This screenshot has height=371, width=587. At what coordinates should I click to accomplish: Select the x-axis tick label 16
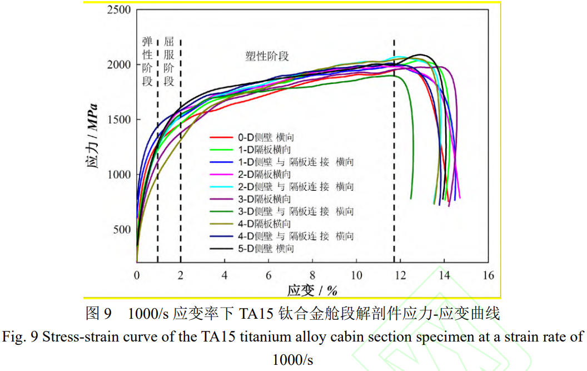pyautogui.click(x=488, y=275)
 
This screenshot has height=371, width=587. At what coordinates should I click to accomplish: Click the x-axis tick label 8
pyautogui.click(x=312, y=275)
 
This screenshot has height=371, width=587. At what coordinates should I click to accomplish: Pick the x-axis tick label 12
pyautogui.click(x=400, y=275)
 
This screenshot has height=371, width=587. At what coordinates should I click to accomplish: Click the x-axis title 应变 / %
pyautogui.click(x=312, y=290)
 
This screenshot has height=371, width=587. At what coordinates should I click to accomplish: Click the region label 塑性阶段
pyautogui.click(x=267, y=56)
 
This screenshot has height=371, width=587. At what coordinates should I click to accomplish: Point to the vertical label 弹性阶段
pyautogui.click(x=147, y=62)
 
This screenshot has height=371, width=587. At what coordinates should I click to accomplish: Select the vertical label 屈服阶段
pyautogui.click(x=170, y=62)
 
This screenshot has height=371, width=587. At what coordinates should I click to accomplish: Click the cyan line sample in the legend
pyautogui.click(x=221, y=187)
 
